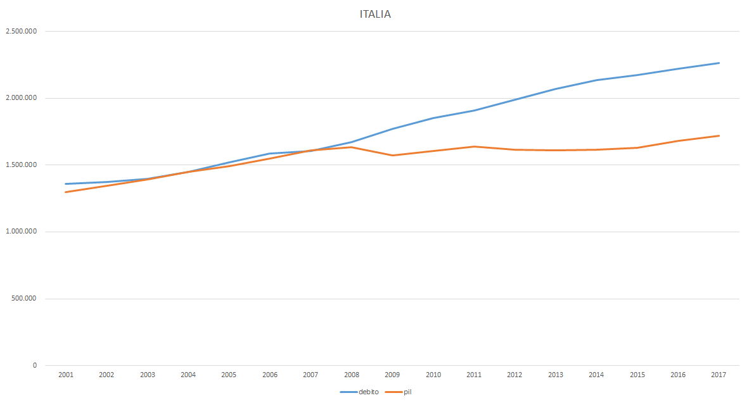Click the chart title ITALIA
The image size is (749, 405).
point(375,14)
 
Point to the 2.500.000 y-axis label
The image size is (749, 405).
point(21,31)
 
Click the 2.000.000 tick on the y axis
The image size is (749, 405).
point(21,98)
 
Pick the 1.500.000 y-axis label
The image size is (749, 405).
point(21,165)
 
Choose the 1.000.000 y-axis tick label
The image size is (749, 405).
point(21,232)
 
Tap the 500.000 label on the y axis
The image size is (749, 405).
point(23,299)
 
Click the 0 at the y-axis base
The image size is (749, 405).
point(35,365)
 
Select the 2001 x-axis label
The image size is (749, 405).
point(66,375)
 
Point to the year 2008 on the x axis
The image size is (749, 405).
point(352,375)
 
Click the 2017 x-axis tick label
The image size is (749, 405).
point(719,375)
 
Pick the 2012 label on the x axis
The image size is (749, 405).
point(515,375)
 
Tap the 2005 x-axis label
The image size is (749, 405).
point(229,375)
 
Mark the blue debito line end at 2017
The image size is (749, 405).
point(719,63)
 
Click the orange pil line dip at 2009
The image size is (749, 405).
point(392,155)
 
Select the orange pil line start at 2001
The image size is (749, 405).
point(66,192)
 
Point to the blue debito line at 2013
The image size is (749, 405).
point(556,89)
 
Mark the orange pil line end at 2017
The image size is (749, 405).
point(719,135)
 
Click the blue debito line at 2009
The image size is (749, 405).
point(392,129)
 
